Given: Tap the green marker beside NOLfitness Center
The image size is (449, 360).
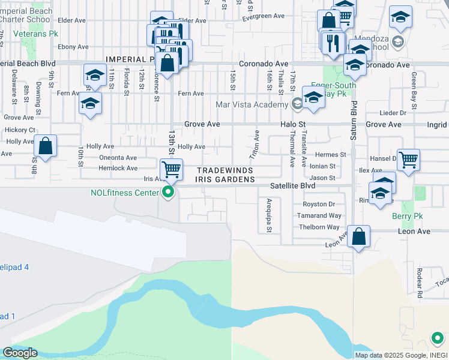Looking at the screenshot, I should coord(169,193).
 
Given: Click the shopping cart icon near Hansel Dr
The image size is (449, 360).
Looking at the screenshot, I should coord(408,160).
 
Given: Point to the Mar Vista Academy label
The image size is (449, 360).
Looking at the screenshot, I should coord(252,105).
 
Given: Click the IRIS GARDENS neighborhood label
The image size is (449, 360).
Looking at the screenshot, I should coord(224,179).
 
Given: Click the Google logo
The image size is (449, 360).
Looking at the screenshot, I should coord(20,353).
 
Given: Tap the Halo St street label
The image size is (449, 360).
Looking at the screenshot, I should coord(293,124).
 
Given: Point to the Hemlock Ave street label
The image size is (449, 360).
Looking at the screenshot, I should coord(118,169).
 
